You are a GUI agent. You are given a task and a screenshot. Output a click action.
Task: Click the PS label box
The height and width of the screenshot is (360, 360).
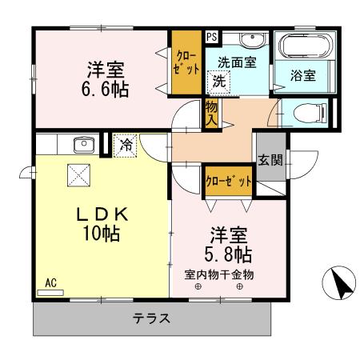[210, 36]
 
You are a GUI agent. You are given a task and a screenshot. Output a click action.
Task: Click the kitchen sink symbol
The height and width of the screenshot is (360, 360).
[82, 145]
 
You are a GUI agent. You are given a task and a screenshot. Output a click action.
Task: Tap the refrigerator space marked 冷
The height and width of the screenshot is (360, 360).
[126, 145]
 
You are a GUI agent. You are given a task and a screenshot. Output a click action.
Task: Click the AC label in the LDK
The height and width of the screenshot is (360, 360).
[50, 282]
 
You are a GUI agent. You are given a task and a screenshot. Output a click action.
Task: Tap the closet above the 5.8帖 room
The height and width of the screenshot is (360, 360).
[229, 181]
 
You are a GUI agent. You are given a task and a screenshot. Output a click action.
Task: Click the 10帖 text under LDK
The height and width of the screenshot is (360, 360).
[99, 234]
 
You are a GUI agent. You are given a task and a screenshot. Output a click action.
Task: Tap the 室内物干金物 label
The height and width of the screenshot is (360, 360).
[219, 274]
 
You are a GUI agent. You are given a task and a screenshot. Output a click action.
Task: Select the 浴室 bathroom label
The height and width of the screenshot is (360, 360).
[302, 76]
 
